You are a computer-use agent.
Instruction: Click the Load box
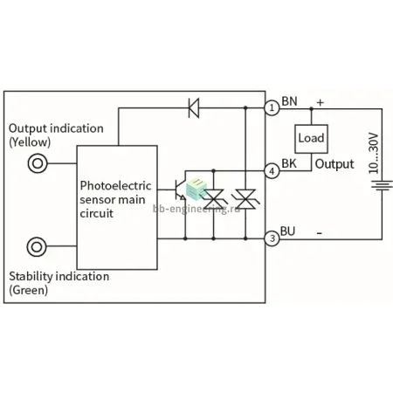pos(311,139)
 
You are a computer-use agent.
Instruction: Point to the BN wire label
pos(290,101)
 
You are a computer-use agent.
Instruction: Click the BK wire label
pos(289,163)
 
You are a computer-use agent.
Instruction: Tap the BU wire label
pos(287,231)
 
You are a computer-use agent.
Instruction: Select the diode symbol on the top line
pos(194,108)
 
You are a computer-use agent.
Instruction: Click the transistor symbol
pos(181,190)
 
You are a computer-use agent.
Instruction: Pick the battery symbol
pos(382,185)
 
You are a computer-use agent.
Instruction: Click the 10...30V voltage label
pos(374,154)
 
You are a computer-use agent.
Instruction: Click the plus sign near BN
pos(321,102)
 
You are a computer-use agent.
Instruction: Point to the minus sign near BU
pos(320,233)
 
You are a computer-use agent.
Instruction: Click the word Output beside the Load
pos(334,164)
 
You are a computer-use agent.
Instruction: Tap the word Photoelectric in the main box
pos(115,186)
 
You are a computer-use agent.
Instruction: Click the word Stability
pos(31,277)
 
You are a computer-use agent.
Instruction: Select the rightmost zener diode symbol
pos(245,199)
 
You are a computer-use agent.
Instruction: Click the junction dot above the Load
pos(311,108)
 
